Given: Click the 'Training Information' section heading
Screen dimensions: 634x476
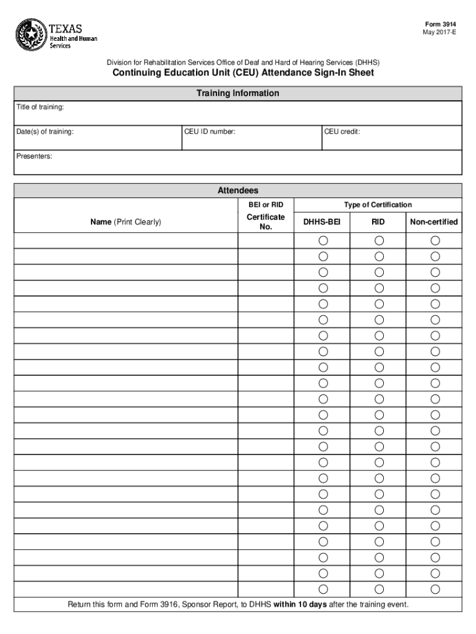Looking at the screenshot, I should pyautogui.click(x=237, y=93).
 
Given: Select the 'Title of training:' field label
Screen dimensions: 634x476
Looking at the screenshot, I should pyautogui.click(x=40, y=108).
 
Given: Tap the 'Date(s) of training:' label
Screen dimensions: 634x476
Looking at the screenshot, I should pyautogui.click(x=45, y=132).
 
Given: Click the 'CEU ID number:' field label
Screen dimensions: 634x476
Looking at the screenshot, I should pyautogui.click(x=210, y=132).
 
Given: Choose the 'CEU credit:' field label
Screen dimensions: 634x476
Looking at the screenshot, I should pyautogui.click(x=342, y=132).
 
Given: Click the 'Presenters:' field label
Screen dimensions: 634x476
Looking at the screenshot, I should pyautogui.click(x=34, y=157).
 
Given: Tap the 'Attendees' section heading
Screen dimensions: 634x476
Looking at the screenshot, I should pyautogui.click(x=237, y=191).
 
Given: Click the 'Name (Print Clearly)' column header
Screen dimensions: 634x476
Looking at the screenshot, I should pyautogui.click(x=126, y=222).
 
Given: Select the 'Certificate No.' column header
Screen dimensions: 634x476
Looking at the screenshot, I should pyautogui.click(x=266, y=222).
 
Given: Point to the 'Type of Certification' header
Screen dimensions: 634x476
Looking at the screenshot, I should pyautogui.click(x=378, y=205).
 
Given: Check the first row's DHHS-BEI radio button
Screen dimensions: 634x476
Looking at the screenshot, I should pyautogui.click(x=323, y=240).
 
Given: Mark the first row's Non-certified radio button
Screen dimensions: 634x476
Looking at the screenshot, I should pyautogui.click(x=435, y=240).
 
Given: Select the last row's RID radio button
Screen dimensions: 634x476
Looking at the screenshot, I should pyautogui.click(x=379, y=589).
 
